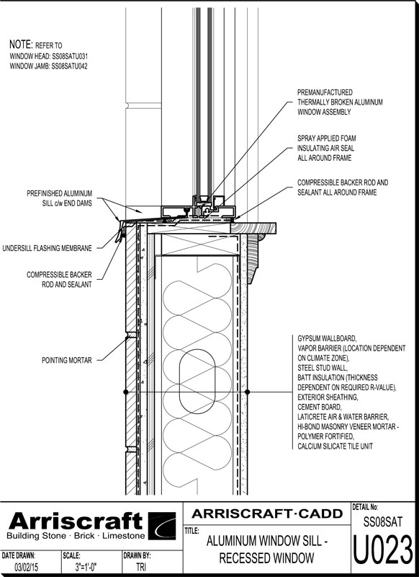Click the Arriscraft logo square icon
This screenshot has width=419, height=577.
pyautogui.click(x=162, y=526)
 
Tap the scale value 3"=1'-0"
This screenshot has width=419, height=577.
pyautogui.click(x=86, y=567)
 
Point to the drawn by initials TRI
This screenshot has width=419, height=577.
pyautogui.click(x=141, y=567)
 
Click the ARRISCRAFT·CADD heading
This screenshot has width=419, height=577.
pyautogui.click(x=267, y=514)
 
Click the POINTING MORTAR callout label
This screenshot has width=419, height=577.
pyautogui.click(x=66, y=360)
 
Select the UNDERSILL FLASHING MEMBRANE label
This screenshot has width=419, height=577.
pyautogui.click(x=47, y=248)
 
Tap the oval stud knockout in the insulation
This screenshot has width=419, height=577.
pyautogui.click(x=197, y=382)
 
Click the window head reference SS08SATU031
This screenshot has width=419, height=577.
pyautogui.click(x=69, y=56)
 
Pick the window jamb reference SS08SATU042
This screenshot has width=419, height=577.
pyautogui.click(x=69, y=66)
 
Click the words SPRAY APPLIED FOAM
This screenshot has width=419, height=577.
pyautogui.click(x=326, y=138)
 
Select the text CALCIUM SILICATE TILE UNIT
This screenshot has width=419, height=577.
pyautogui.click(x=335, y=446)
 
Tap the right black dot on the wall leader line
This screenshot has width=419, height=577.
pyautogui.click(x=247, y=392)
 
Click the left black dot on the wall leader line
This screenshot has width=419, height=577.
pyautogui.click(x=125, y=392)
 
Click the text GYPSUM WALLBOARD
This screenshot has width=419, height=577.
pyautogui.click(x=326, y=338)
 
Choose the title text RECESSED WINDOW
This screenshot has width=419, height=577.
pyautogui.click(x=266, y=558)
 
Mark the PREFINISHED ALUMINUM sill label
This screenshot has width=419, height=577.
pyautogui.click(x=60, y=193)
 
